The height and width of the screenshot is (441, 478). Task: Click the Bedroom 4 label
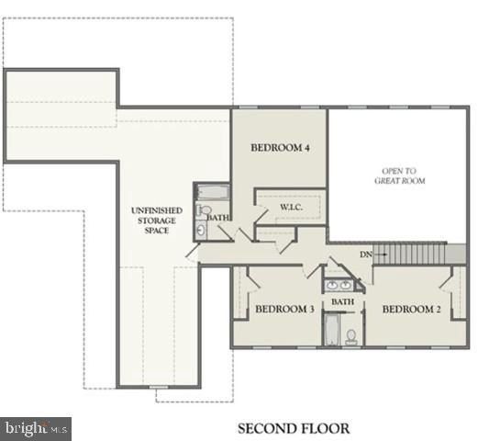coord(279,147)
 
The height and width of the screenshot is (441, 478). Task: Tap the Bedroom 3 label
coord(284,310)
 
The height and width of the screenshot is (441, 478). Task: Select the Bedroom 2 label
coord(412,310)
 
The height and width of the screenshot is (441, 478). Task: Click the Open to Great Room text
coord(399,175)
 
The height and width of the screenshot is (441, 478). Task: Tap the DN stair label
coord(365,254)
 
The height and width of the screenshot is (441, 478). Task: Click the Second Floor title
coord(294,428)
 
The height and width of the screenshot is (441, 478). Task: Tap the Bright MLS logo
coord(36,427)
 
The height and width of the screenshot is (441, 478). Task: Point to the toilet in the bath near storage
coord(204,210)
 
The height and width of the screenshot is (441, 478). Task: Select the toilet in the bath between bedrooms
coord(350,336)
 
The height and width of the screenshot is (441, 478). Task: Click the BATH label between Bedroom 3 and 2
coord(342,301)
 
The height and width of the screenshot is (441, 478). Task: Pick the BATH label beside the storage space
coord(218,218)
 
